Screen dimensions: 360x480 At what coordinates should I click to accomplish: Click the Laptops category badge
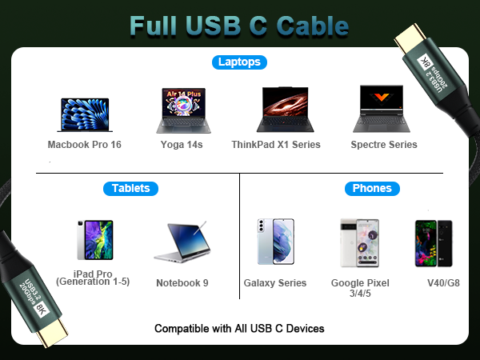(240, 62)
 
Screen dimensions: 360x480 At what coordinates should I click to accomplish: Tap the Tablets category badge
(131, 189)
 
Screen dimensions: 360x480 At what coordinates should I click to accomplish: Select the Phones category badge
(372, 189)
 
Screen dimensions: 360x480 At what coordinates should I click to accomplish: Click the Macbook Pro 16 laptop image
(84, 115)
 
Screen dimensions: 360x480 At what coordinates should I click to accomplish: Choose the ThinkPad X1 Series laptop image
(286, 110)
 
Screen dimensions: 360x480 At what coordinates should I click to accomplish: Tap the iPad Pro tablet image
(94, 240)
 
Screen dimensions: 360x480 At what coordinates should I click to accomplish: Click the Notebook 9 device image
(182, 243)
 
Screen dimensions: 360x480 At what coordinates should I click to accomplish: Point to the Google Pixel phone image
(354, 242)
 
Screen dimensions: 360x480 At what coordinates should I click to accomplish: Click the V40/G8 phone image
(433, 242)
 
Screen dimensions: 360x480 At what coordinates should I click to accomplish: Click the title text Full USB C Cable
(239, 25)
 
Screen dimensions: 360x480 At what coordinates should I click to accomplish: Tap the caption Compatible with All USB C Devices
(239, 328)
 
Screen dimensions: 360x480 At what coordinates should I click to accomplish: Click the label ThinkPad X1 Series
(286, 145)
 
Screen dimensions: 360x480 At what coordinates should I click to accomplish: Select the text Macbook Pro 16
(84, 145)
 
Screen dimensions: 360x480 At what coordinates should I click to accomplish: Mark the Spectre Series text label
(384, 145)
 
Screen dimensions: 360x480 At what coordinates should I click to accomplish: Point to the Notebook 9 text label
(182, 282)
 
